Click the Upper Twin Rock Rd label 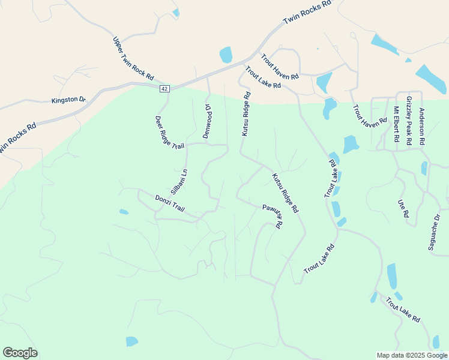133,59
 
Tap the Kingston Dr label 69,100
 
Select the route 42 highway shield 164,89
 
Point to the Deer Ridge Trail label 170,133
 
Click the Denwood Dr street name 207,122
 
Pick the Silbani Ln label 179,181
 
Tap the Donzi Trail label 170,203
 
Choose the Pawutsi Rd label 272,216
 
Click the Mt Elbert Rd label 396,124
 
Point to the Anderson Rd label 422,126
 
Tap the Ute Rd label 403,209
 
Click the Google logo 20,353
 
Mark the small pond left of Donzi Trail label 124,212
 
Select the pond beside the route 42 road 226,55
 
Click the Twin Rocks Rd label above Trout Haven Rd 307,12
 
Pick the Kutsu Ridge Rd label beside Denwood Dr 246,114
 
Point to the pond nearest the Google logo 131,341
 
